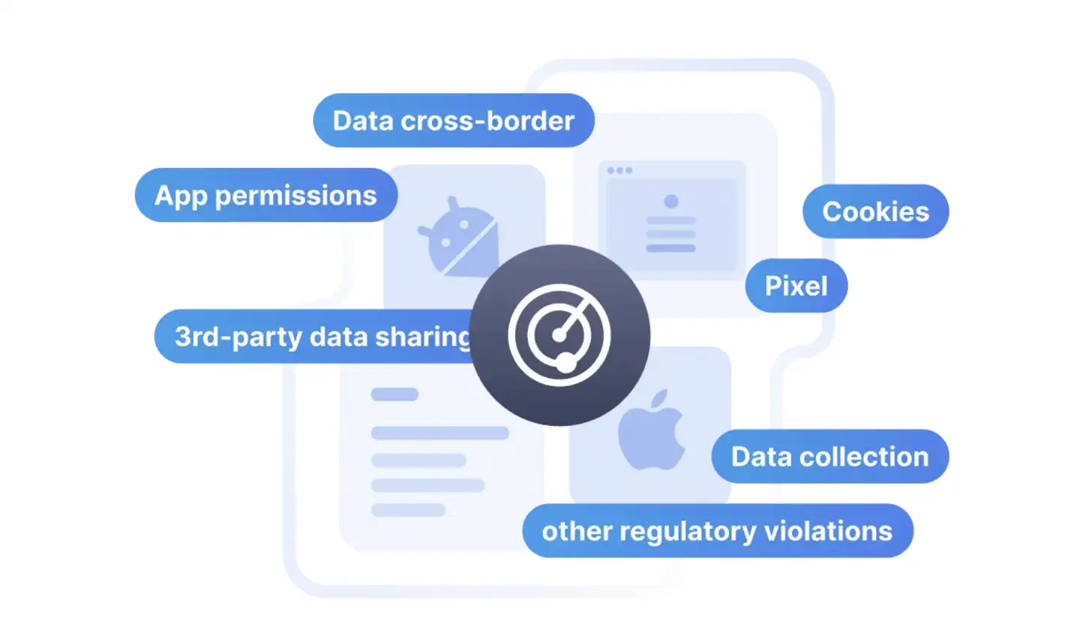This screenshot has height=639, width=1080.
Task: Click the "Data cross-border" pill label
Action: [453, 121]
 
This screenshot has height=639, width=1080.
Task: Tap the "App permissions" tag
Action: [265, 195]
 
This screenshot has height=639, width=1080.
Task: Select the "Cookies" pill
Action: [875, 211]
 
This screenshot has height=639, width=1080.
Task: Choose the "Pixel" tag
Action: [796, 286]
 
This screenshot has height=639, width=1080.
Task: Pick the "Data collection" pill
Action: [829, 456]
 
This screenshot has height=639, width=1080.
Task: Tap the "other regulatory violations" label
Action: [717, 531]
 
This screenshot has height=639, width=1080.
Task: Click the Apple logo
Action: [652, 430]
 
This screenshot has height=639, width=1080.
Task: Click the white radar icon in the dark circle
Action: [559, 335]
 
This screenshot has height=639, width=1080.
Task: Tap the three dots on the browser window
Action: [619, 170]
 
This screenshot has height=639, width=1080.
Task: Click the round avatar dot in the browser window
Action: [671, 201]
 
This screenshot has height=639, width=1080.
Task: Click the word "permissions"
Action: [295, 196]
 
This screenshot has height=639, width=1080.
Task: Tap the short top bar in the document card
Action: [394, 394]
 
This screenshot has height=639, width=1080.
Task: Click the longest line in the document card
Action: [440, 433]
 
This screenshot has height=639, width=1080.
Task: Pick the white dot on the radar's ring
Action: [565, 364]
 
